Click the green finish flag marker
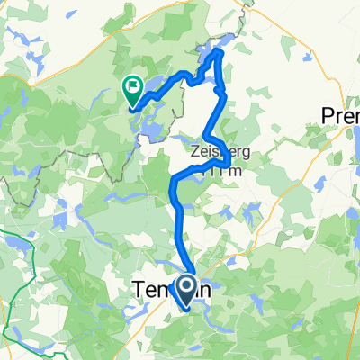coord(131,88)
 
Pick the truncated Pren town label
coord(341,115)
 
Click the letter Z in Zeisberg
coord(195,153)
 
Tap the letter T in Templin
coord(139,290)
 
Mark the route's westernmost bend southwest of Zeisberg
coord(172,187)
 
